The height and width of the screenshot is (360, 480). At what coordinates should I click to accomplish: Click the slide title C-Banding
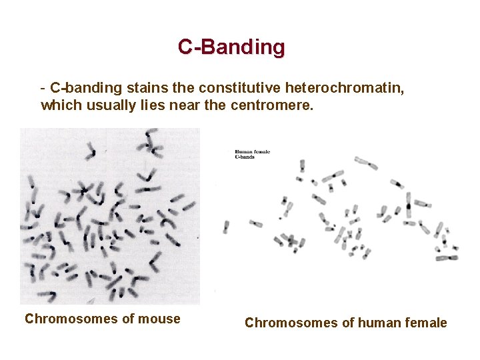[231, 47]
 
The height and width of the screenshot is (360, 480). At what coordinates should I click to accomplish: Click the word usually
[105, 105]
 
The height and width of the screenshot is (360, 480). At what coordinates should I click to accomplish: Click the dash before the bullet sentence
[43, 88]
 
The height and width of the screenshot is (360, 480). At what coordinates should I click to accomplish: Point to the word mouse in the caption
[161, 319]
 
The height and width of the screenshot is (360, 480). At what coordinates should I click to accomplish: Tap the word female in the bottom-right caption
[426, 323]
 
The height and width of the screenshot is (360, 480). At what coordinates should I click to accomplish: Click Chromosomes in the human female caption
[286, 323]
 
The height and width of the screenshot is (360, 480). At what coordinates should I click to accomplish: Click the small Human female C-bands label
[252, 155]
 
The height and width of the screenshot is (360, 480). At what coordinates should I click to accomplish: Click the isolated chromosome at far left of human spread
[226, 226]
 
